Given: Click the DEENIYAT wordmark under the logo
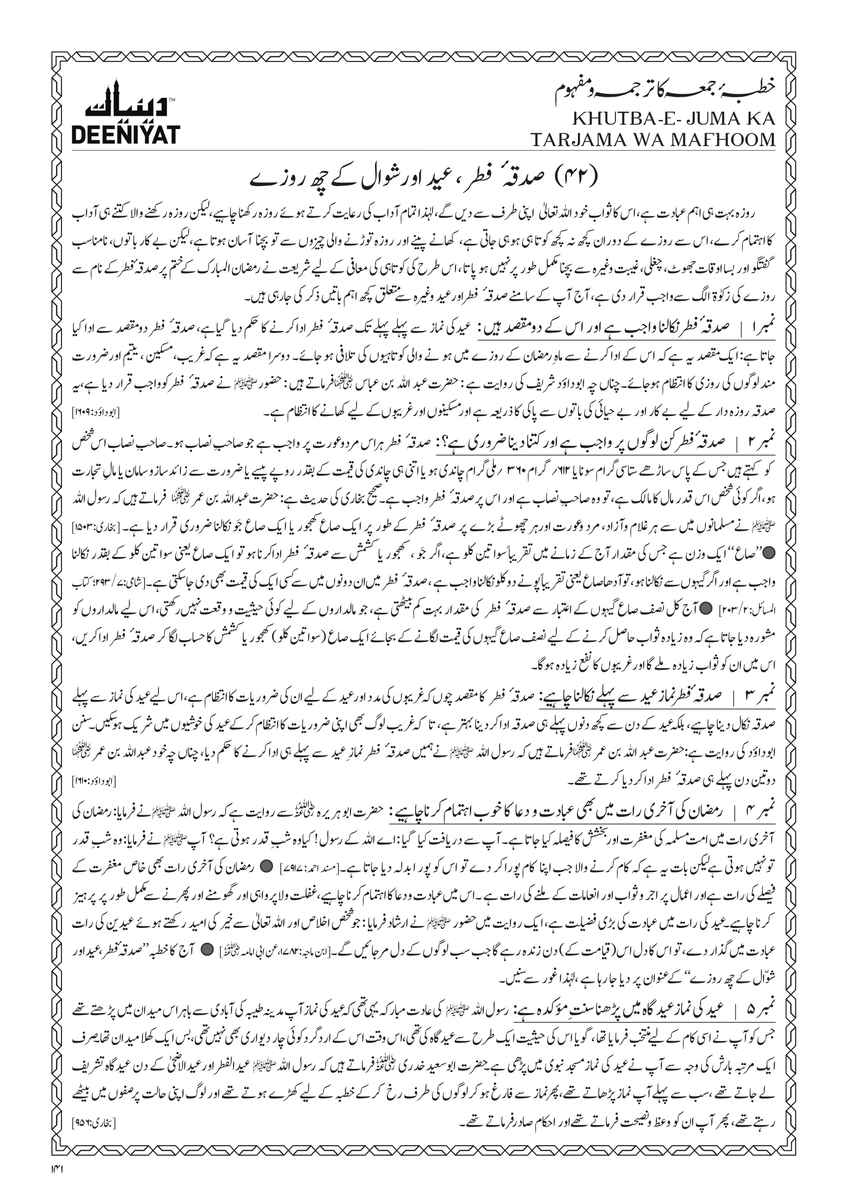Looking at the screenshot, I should [126, 135].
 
